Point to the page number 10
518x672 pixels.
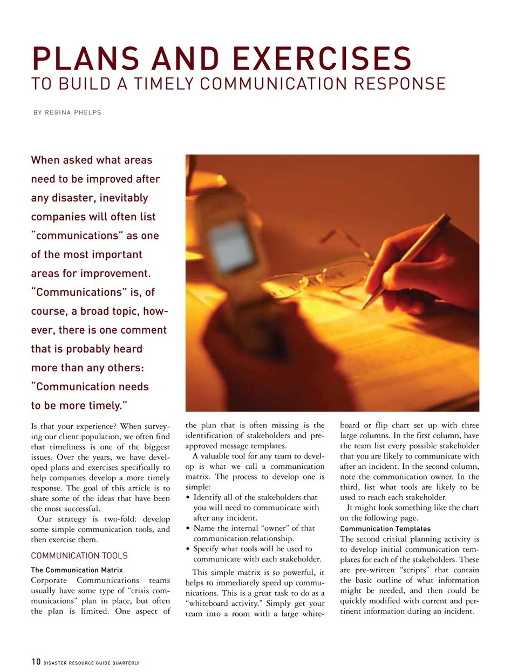click(x=36, y=661)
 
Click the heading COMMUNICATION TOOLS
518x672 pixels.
click(x=79, y=556)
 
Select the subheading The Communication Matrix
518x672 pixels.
click(x=77, y=570)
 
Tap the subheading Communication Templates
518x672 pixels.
click(x=385, y=529)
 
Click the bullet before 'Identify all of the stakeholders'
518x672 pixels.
click(x=188, y=497)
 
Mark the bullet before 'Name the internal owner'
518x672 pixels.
click(x=188, y=529)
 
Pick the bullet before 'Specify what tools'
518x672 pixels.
click(x=188, y=549)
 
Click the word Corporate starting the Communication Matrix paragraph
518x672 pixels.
click(x=49, y=580)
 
